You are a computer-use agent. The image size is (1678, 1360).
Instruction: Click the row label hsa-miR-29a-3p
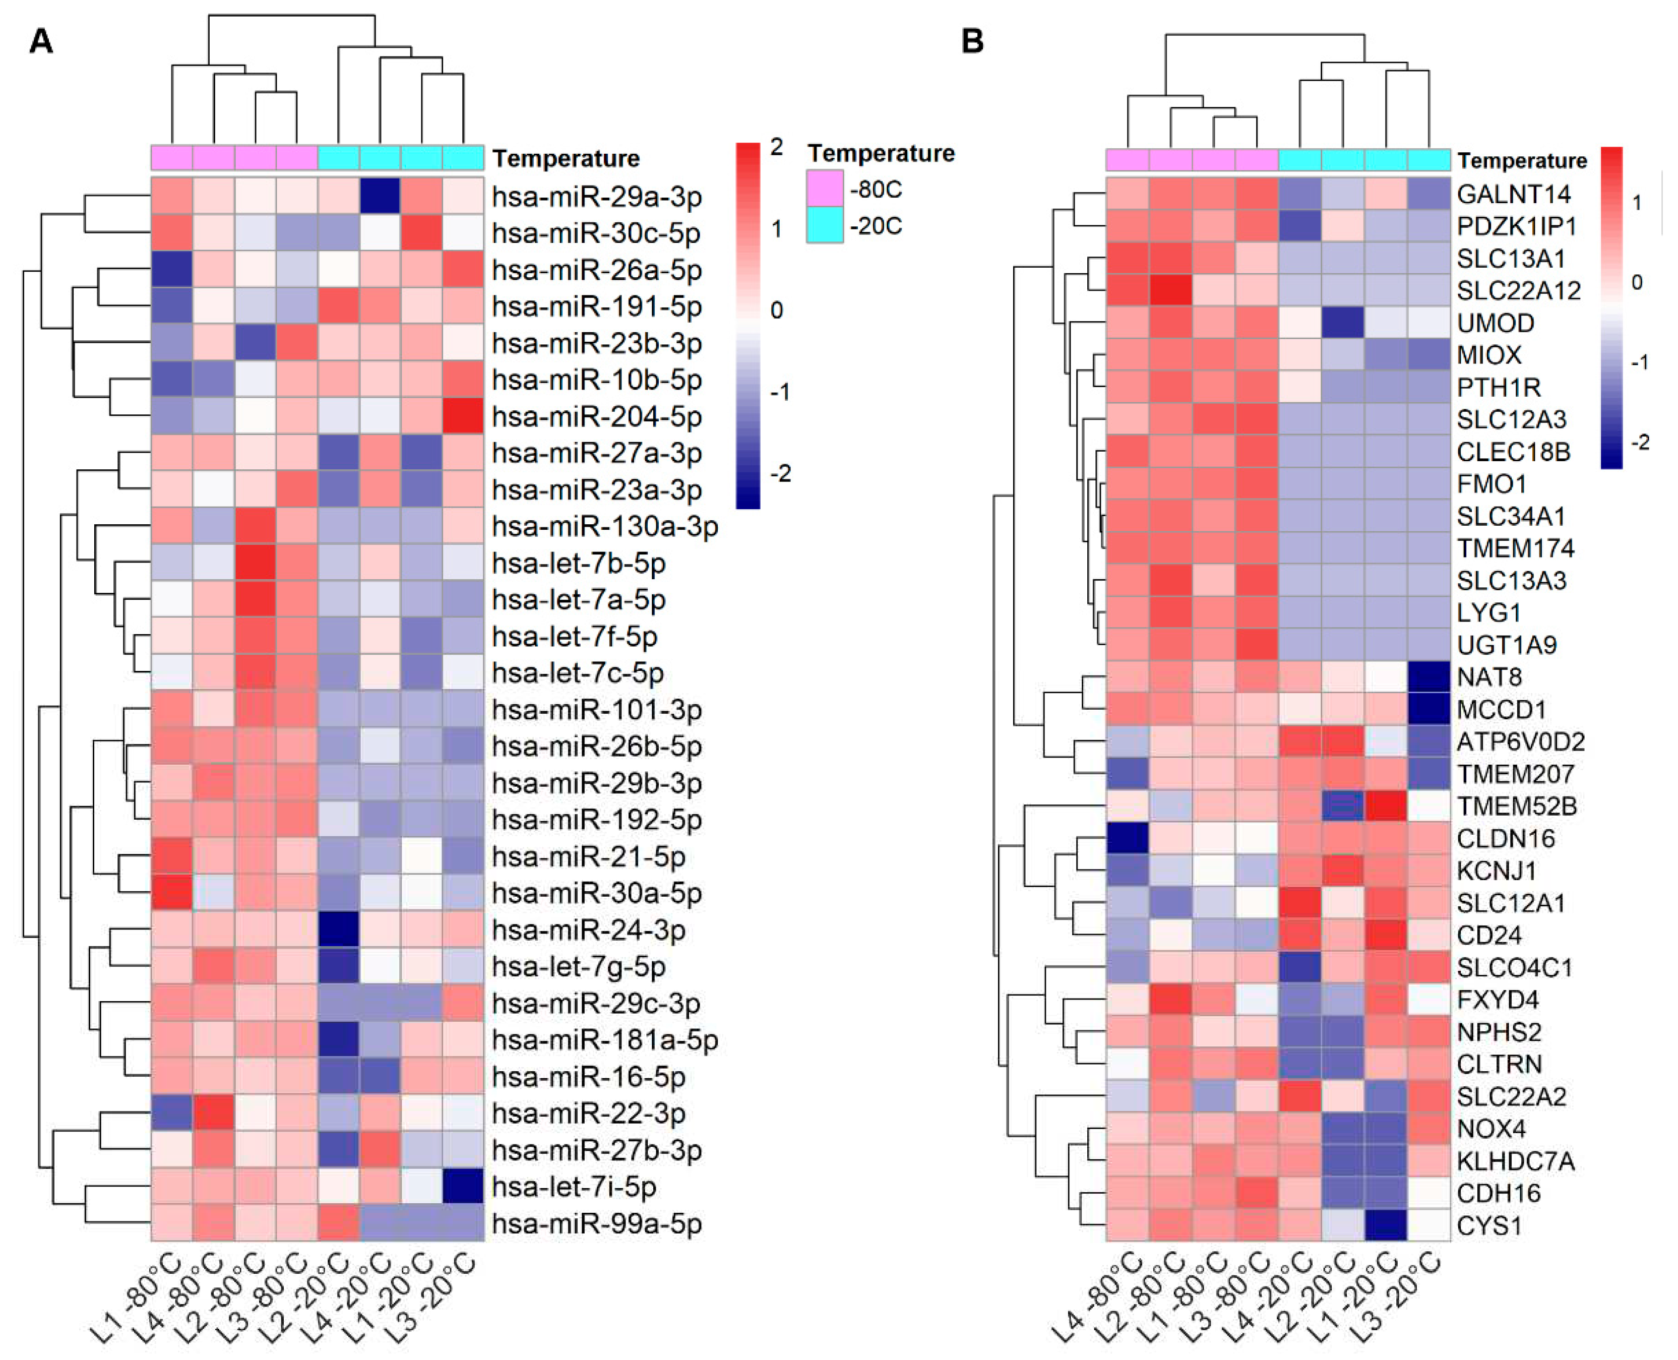(596, 197)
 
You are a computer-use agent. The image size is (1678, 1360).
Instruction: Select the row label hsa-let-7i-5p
(574, 1187)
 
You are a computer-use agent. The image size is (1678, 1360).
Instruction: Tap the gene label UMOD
(1495, 323)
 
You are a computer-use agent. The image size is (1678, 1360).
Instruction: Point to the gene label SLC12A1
(1510, 903)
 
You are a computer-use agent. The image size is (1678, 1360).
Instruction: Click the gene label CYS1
(1488, 1225)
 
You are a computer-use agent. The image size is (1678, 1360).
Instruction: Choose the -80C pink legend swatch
(825, 189)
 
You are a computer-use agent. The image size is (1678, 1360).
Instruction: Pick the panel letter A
(41, 41)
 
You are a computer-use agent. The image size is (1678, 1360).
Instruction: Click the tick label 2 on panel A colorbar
(776, 147)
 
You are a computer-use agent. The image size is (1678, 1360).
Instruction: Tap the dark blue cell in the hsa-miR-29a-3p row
(380, 196)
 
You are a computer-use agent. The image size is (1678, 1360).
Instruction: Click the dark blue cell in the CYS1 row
(1385, 1225)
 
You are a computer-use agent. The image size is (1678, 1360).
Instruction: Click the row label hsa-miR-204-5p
(596, 417)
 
